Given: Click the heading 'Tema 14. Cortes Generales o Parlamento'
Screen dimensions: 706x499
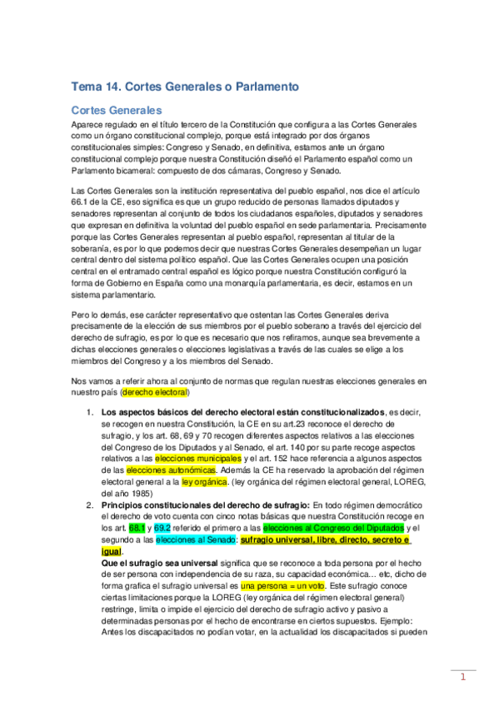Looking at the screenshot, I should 185,87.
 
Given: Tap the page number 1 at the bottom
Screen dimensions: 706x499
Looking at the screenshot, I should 463,677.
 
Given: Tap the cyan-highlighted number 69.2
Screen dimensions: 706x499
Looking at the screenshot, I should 162,528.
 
